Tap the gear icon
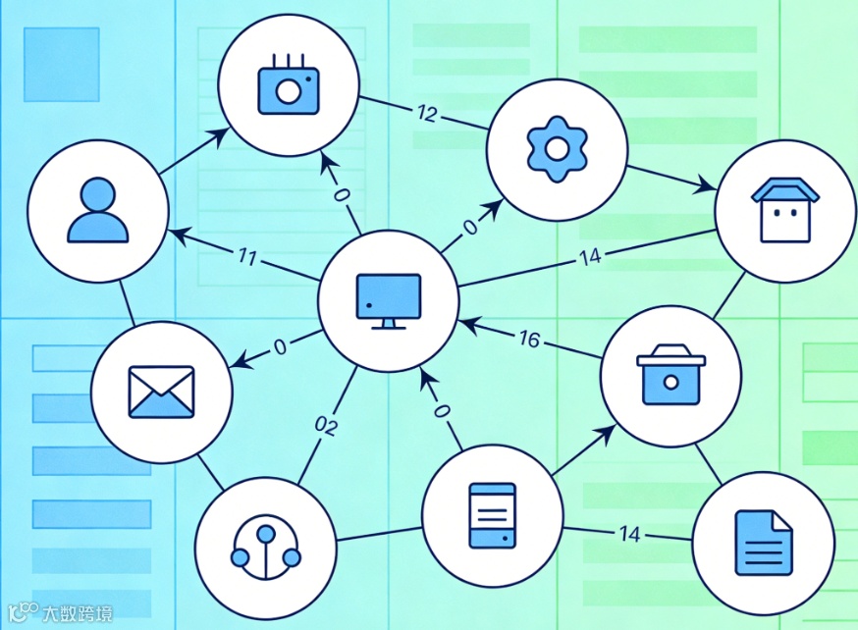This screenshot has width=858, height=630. (557, 148)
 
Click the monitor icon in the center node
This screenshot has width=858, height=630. (389, 298)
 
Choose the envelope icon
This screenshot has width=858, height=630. (162, 391)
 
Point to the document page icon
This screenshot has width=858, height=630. (763, 541)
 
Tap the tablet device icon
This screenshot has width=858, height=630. (493, 515)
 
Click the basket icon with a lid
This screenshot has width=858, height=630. (671, 375)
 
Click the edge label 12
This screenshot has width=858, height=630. (426, 113)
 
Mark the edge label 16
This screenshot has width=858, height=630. (528, 339)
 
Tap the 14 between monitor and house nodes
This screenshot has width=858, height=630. (589, 258)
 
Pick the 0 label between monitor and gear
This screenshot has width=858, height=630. (469, 228)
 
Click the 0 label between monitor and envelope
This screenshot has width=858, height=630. (280, 345)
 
